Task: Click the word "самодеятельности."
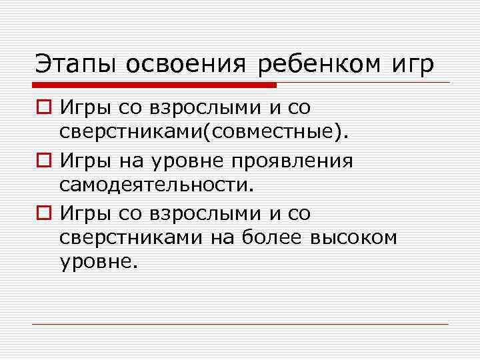[157, 183]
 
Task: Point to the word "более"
[274, 237]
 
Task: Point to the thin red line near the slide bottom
[240, 324]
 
